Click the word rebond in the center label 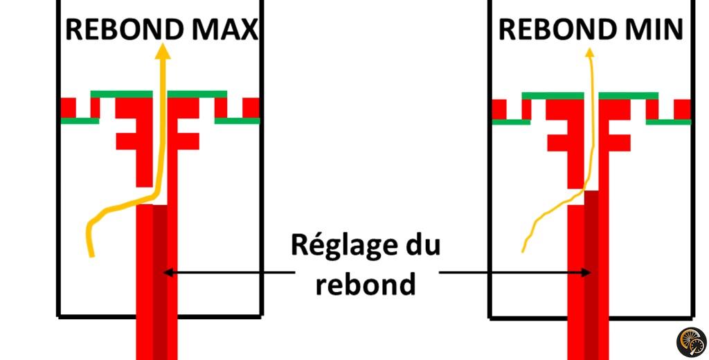coord(366,282)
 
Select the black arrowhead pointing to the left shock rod coord(167,273)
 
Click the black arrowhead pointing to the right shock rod coord(588,273)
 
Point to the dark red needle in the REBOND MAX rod coord(160,277)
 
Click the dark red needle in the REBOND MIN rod coord(591,277)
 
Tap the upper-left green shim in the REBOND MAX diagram coord(122,94)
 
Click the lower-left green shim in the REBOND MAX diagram coord(80,120)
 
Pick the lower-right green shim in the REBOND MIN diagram coord(668,122)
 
